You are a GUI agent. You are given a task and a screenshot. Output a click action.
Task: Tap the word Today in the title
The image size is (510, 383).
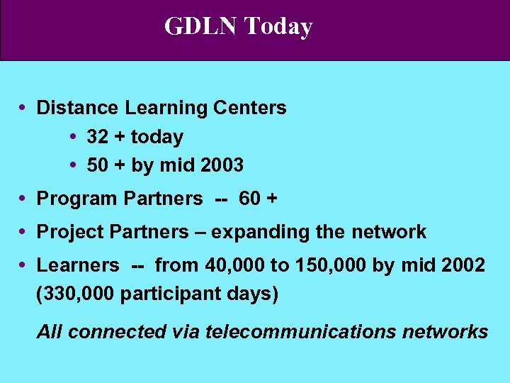[278, 26]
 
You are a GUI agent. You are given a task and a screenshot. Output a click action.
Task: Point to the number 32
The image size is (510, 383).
[98, 137]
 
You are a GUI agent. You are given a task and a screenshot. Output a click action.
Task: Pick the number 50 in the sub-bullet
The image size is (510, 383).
[98, 165]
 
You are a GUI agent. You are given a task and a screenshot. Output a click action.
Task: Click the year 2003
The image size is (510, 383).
[222, 165]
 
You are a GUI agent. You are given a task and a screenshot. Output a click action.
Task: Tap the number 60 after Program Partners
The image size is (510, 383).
[250, 199]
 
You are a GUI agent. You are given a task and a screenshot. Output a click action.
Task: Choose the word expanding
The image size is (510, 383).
[260, 232]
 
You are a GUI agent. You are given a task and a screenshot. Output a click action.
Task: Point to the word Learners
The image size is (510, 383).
[78, 265]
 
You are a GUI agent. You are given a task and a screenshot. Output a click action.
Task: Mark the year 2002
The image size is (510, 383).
[464, 265]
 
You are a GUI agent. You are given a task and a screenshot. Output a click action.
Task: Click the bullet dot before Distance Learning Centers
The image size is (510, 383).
[23, 108]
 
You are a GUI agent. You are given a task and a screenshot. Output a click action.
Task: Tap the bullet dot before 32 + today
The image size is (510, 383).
[74, 137]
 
